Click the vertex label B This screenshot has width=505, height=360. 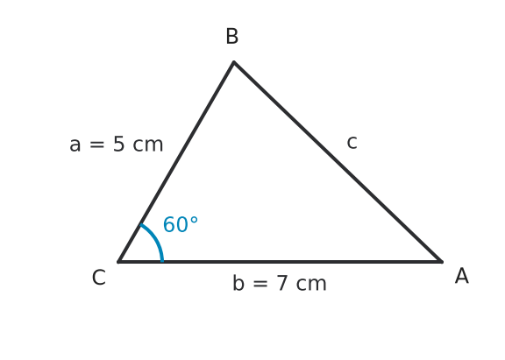(232, 36)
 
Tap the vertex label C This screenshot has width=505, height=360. (99, 278)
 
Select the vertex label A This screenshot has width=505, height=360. (462, 276)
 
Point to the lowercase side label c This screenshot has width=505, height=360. (352, 143)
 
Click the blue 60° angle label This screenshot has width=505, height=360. (181, 224)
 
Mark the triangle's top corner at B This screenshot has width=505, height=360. (234, 61)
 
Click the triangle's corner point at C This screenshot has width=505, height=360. (118, 262)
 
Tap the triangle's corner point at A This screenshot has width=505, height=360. (442, 262)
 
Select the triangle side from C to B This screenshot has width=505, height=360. (176, 161)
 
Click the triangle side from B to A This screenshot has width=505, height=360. (338, 161)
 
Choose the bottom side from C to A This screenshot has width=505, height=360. (281, 262)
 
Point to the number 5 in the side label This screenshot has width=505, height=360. (119, 144)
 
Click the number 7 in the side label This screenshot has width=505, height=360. (281, 284)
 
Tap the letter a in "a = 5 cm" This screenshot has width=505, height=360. (75, 145)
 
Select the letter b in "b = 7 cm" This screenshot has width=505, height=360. (238, 282)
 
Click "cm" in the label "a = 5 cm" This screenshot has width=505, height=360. (148, 145)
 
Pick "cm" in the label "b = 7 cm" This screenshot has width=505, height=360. (311, 285)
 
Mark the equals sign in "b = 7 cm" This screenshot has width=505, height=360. (260, 284)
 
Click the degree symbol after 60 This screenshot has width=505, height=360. (194, 220)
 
